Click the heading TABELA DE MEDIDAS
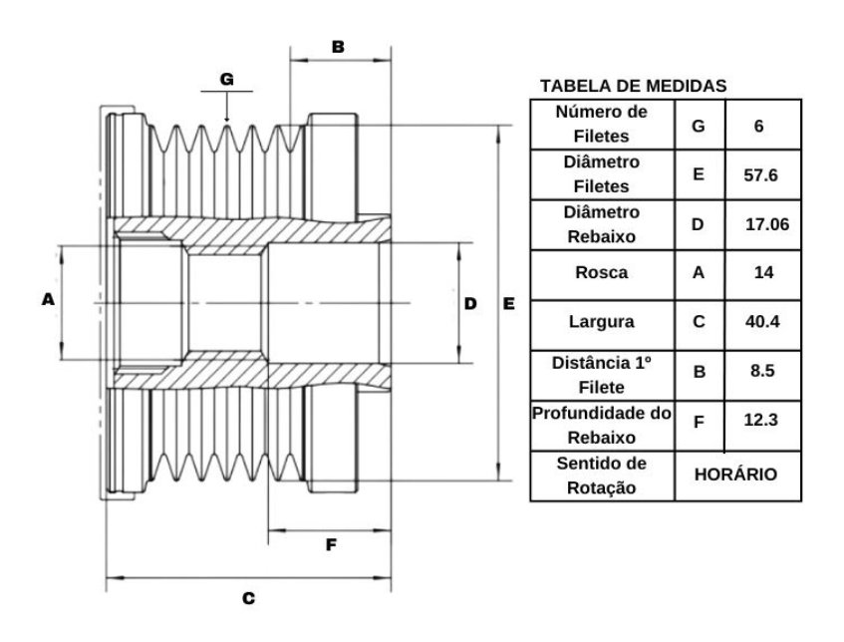[634, 86]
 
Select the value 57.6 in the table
[760, 175]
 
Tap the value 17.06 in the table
[767, 224]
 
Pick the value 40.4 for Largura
[762, 322]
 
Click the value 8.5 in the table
[762, 371]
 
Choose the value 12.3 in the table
[760, 420]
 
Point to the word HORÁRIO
[735, 475]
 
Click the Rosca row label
[602, 272]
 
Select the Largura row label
[602, 322]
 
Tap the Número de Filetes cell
[601, 124]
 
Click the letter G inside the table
[699, 126]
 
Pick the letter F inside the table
[699, 422]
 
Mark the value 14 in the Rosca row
[763, 272]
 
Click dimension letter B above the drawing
[338, 47]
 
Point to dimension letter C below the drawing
[248, 598]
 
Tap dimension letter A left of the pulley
[48, 299]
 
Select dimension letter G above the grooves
[227, 79]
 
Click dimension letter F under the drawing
[331, 545]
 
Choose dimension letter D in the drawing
[470, 304]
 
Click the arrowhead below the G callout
[226, 119]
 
